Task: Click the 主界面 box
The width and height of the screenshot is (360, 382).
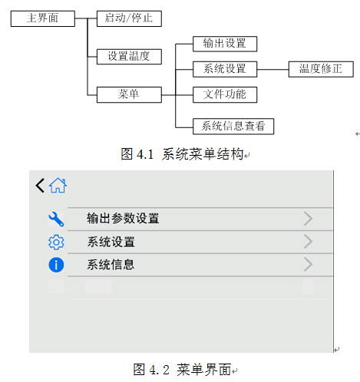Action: [x=43, y=18]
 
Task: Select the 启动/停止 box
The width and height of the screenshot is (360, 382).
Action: [x=129, y=18]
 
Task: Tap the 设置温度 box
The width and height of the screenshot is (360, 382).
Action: [x=129, y=57]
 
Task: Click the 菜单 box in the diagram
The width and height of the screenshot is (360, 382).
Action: [x=129, y=95]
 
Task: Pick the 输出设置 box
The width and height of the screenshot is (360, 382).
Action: [x=225, y=44]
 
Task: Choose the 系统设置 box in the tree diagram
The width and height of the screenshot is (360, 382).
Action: [x=225, y=69]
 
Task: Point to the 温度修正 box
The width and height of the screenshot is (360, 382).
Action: [x=321, y=69]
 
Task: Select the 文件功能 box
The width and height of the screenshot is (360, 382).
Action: [x=225, y=95]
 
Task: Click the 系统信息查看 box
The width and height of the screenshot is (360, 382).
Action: [x=233, y=127]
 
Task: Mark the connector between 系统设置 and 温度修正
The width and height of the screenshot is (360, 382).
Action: [x=272, y=69]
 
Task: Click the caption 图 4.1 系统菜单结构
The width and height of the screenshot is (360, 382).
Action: [x=182, y=154]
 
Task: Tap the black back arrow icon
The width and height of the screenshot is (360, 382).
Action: [x=40, y=186]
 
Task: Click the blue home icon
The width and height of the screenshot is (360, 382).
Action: [x=58, y=186]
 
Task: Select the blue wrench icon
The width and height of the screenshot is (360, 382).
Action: [x=56, y=219]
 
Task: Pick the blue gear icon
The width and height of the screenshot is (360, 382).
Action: [x=56, y=242]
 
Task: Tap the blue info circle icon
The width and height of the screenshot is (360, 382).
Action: [x=56, y=265]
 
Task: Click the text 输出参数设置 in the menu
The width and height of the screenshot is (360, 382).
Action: [x=123, y=219]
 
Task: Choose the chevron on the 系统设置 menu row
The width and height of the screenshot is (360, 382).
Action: [x=309, y=242]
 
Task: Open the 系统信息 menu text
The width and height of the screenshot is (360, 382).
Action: [x=111, y=265]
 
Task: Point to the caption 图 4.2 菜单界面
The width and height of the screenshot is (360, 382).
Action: [x=182, y=370]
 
